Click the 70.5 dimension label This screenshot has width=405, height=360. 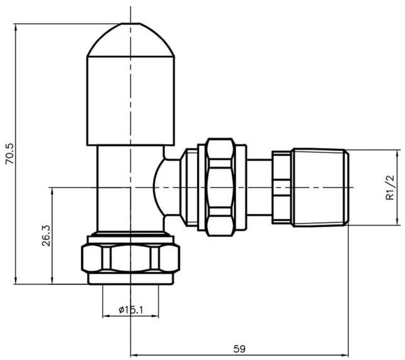pyautogui.click(x=11, y=154)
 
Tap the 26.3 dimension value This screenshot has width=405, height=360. pyautogui.click(x=47, y=235)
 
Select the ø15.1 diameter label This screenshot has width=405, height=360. pyautogui.click(x=130, y=310)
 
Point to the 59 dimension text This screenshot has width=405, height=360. pyautogui.click(x=239, y=349)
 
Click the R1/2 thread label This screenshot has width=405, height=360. pyautogui.click(x=391, y=188)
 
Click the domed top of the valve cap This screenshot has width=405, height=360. pyautogui.click(x=130, y=40)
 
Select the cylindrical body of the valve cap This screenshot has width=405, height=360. pyautogui.click(x=130, y=101)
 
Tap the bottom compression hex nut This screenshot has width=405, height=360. pyautogui.click(x=130, y=259)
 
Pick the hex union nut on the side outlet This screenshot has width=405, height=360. pyautogui.click(x=221, y=188)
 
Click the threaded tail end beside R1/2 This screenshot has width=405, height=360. pyautogui.click(x=321, y=188)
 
